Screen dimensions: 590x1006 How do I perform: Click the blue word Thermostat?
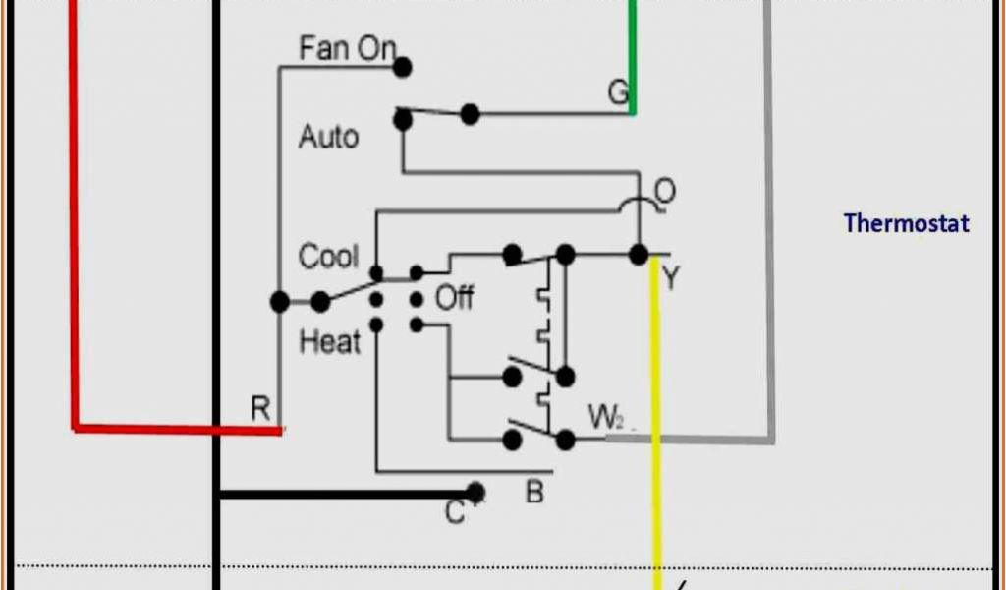[x=906, y=223]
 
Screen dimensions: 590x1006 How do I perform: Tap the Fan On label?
[x=347, y=48]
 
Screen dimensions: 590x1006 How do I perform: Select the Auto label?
[x=328, y=136]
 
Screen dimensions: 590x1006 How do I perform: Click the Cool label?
[x=328, y=257]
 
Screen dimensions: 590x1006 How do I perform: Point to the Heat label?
[x=329, y=342]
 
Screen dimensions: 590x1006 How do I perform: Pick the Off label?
[x=454, y=297]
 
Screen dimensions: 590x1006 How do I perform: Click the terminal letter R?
[x=260, y=409]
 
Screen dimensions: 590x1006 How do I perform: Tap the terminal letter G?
[x=617, y=92]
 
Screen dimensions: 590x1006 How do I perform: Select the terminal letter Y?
[x=670, y=278]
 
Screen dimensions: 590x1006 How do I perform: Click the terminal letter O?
[x=665, y=192]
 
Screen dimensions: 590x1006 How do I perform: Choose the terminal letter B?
[x=534, y=492]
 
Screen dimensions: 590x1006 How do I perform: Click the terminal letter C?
[x=455, y=512]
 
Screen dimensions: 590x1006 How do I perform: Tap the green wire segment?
[x=633, y=59]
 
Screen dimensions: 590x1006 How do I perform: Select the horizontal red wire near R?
[x=177, y=428]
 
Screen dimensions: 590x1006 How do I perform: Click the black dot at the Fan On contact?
[x=402, y=67]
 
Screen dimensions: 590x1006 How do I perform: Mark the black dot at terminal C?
[x=476, y=491]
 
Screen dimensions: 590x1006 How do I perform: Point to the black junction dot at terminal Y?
[x=639, y=255]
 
